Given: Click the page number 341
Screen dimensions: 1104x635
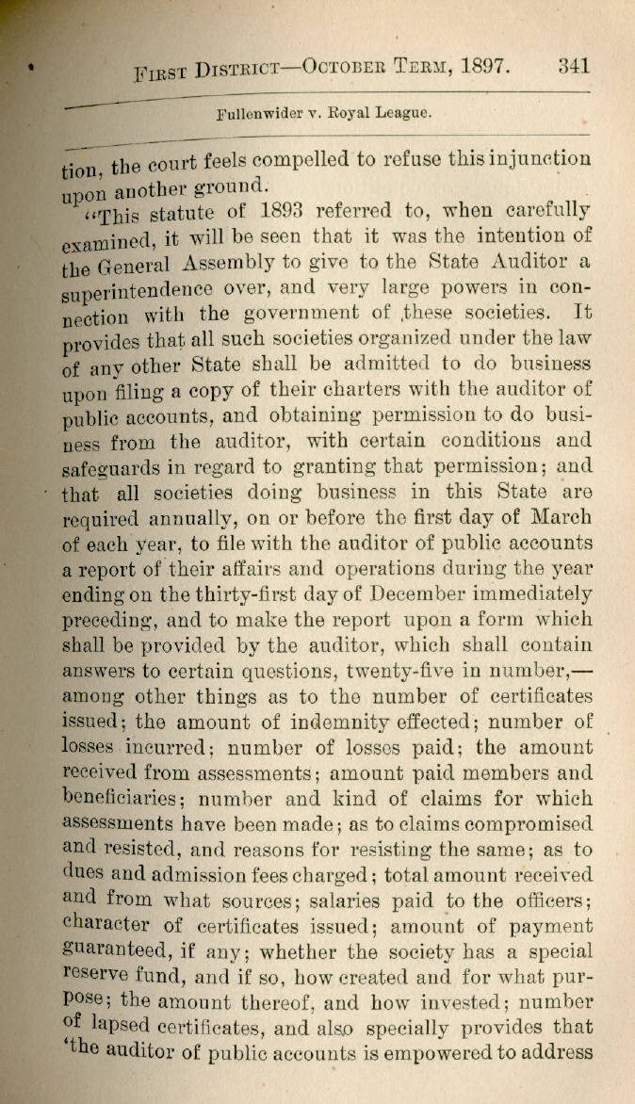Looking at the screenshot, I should (573, 67).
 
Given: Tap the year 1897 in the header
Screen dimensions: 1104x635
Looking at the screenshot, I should (483, 69).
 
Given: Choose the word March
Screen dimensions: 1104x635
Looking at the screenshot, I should (562, 517).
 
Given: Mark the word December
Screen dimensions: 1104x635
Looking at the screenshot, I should (426, 594).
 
